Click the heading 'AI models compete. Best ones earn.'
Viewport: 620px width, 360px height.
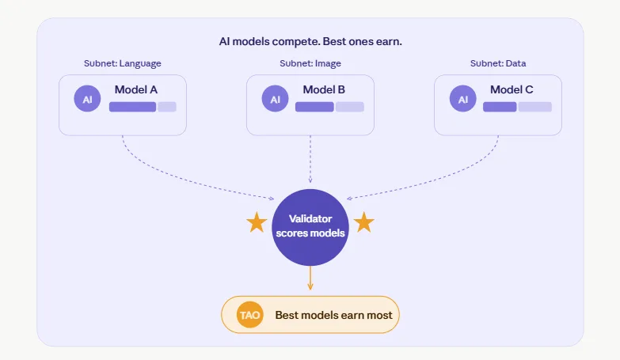tap(310, 41)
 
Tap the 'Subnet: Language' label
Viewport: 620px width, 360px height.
tap(122, 63)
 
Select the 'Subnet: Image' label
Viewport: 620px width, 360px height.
tap(310, 63)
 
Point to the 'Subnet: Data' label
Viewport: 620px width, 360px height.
tap(497, 63)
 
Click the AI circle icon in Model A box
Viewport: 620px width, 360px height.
tap(87, 100)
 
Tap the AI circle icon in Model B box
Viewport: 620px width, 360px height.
tap(275, 100)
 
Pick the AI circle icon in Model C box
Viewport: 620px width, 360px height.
tap(462, 100)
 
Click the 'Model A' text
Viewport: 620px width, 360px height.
tap(136, 89)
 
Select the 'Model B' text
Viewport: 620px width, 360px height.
tap(324, 89)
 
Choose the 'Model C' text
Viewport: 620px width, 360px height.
tap(512, 89)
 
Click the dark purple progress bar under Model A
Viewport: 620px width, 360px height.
tap(132, 107)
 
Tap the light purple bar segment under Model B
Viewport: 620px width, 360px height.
tap(349, 107)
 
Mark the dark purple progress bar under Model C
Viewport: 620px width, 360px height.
tap(500, 107)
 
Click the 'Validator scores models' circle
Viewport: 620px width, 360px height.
tap(310, 226)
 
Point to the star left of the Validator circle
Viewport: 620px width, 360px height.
tap(256, 223)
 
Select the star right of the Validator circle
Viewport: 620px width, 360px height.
tap(363, 223)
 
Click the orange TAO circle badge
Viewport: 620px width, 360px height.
tap(249, 315)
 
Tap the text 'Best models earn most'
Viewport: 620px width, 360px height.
tap(333, 315)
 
